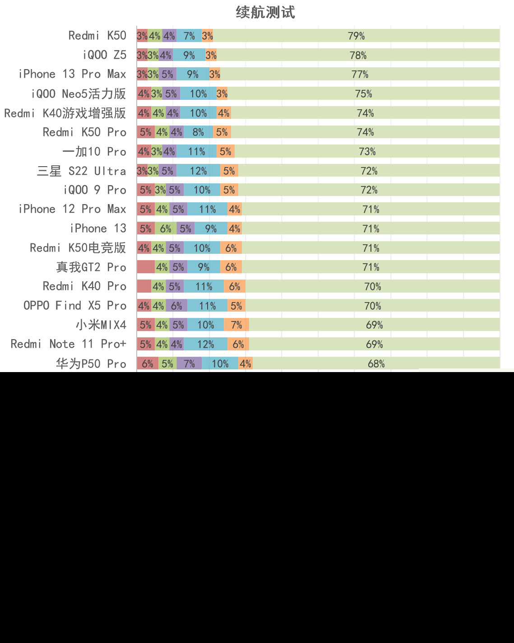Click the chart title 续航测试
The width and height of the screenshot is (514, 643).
pos(265,12)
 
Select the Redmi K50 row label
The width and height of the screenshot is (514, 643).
pos(97,36)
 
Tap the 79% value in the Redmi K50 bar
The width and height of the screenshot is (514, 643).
pos(356,36)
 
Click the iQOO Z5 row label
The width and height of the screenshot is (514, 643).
pos(104,55)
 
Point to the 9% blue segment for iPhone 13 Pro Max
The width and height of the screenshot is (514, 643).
pos(193,74)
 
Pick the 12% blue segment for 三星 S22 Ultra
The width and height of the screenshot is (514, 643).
pos(198,171)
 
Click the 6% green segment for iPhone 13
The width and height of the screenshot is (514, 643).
pos(166,228)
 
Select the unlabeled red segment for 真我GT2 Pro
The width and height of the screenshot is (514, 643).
pos(146,267)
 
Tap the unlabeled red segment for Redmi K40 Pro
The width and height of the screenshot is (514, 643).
pos(144,286)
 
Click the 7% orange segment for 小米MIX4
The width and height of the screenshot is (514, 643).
pos(236,325)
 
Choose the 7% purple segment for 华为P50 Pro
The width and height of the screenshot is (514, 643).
pos(189,363)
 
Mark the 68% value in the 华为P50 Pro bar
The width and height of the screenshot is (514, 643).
pos(376,363)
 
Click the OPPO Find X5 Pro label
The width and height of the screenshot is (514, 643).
pos(75,306)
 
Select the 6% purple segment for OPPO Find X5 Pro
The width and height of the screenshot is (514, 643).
pos(176,306)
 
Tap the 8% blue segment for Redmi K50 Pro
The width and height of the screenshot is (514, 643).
pos(198,132)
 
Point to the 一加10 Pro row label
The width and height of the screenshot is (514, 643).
pos(94,152)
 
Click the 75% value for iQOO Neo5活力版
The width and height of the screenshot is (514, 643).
pos(363,93)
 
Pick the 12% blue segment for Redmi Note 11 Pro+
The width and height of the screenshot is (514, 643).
pos(205,344)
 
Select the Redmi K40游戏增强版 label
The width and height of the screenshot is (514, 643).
pos(65,113)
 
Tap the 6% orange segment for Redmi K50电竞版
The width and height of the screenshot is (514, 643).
pos(231,248)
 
